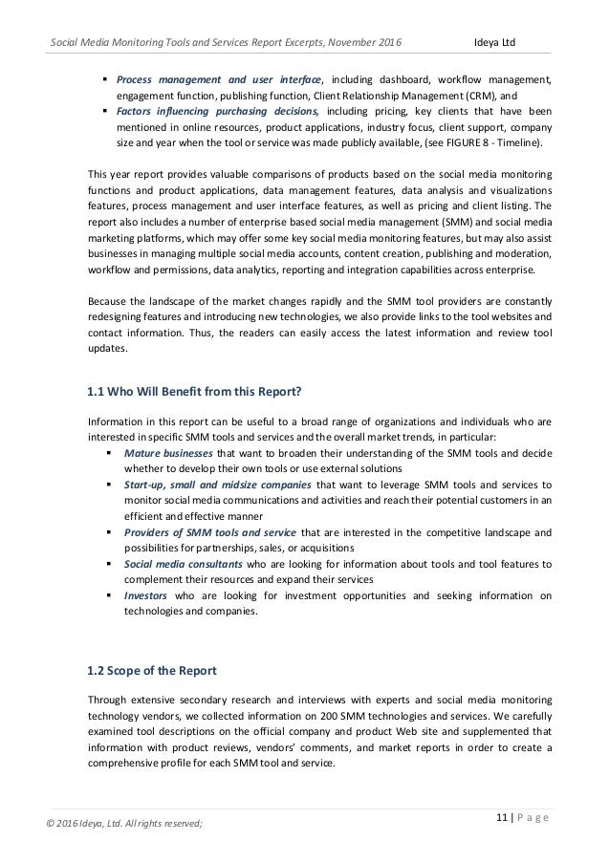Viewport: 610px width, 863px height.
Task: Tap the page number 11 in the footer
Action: [x=501, y=816]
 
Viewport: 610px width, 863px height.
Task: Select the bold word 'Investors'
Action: [x=144, y=596]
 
